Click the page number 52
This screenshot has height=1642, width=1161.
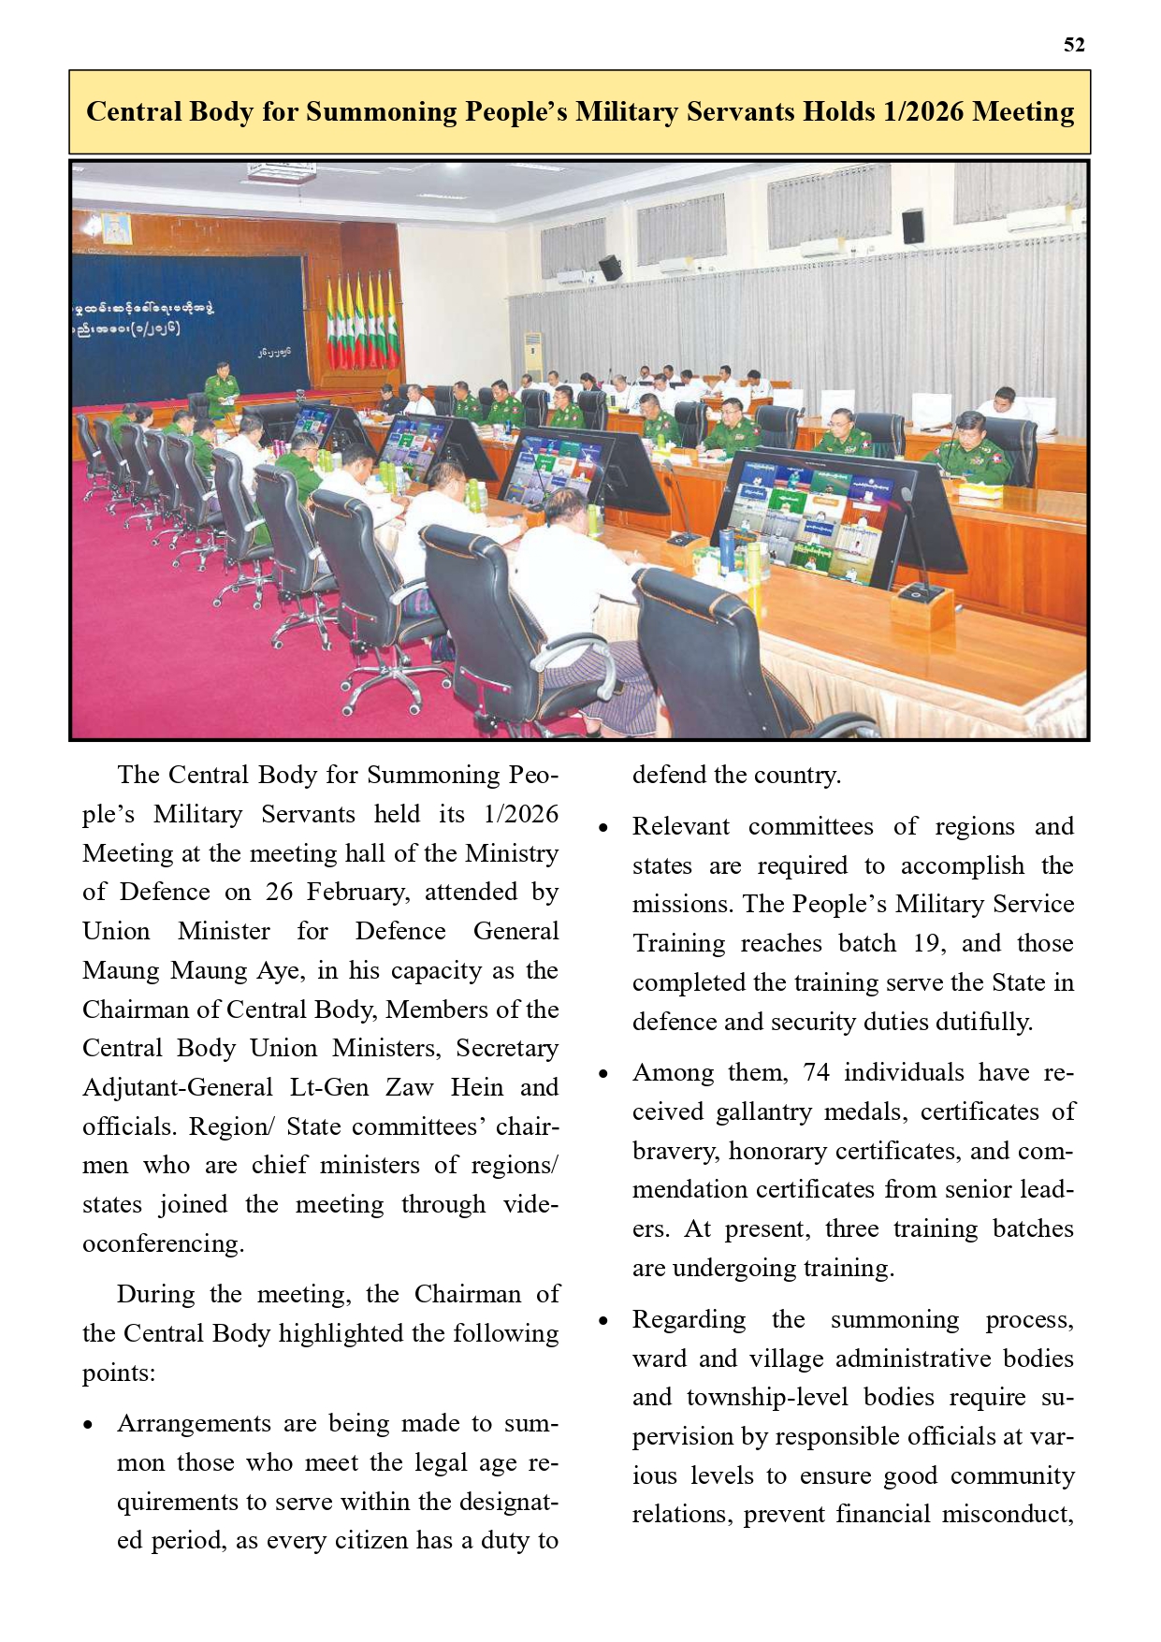[1074, 45]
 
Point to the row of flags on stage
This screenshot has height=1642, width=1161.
[363, 321]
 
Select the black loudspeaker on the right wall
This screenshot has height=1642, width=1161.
[913, 225]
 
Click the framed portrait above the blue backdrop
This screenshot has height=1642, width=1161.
[116, 227]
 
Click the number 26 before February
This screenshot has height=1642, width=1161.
[279, 892]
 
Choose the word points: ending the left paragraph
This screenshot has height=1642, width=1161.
[118, 1373]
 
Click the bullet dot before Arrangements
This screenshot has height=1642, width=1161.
[88, 1426]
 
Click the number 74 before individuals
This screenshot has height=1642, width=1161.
[816, 1072]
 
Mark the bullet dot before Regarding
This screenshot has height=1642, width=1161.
[603, 1321]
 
